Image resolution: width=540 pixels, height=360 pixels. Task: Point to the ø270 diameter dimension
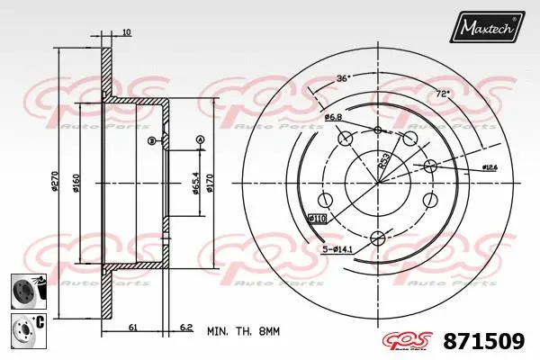(55, 184)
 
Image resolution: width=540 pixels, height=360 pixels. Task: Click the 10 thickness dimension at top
(125, 33)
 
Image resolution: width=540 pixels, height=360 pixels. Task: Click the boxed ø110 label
(317, 219)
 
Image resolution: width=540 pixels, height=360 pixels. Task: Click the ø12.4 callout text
(490, 167)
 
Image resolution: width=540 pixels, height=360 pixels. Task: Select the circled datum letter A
(200, 139)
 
